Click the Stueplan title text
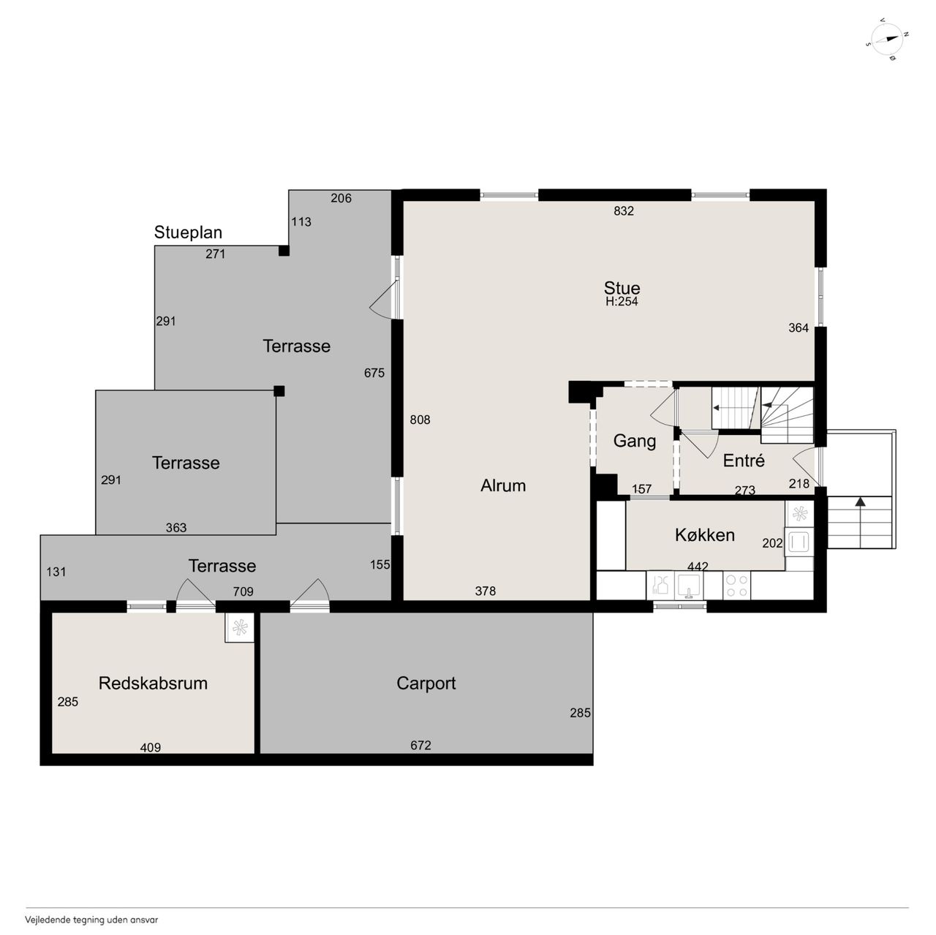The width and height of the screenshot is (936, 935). pyautogui.click(x=188, y=232)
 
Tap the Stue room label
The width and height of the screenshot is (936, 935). pyautogui.click(x=622, y=287)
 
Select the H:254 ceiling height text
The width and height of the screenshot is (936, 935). pyautogui.click(x=622, y=302)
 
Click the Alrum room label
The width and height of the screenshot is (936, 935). pyautogui.click(x=502, y=485)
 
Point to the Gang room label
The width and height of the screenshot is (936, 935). pyautogui.click(x=635, y=441)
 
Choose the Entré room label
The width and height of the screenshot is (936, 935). pyautogui.click(x=743, y=460)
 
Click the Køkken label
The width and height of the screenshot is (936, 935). pyautogui.click(x=704, y=535)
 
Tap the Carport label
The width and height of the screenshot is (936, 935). pyautogui.click(x=426, y=684)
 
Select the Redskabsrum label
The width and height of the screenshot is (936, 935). pyautogui.click(x=153, y=683)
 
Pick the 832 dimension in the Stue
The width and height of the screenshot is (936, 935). pyautogui.click(x=623, y=211)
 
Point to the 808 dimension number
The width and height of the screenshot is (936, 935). pyautogui.click(x=420, y=420)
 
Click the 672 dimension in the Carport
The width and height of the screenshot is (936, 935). pyautogui.click(x=420, y=745)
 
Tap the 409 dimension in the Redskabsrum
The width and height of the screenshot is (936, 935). pyautogui.click(x=150, y=748)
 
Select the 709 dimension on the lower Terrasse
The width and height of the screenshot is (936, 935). pyautogui.click(x=243, y=591)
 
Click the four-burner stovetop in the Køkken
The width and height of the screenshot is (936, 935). pyautogui.click(x=736, y=586)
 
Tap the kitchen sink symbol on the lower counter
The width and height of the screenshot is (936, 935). pyautogui.click(x=688, y=586)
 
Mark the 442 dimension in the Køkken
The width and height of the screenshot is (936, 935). pyautogui.click(x=698, y=567)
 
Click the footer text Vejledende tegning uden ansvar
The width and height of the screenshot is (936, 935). pyautogui.click(x=91, y=920)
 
